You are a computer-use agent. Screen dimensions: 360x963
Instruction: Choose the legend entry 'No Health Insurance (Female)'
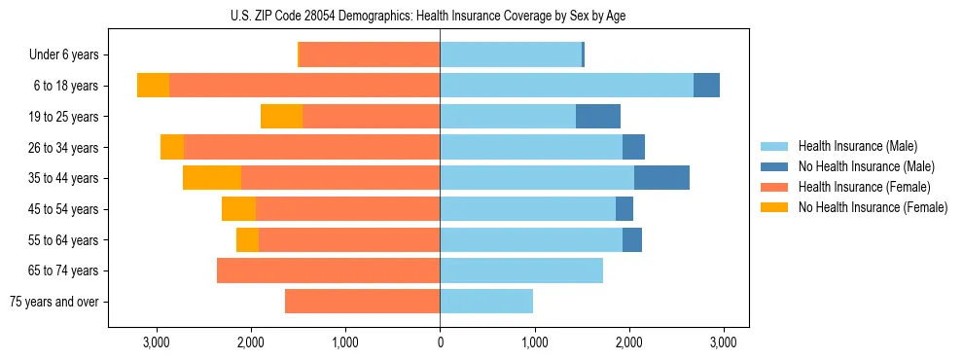[873, 207]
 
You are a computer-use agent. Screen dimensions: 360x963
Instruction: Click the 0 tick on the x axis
[440, 342]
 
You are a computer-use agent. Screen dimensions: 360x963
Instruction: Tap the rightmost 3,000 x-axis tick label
[722, 342]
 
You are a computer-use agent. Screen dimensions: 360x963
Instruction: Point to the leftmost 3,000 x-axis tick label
[157, 342]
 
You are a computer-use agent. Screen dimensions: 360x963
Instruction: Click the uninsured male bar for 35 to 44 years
[661, 178]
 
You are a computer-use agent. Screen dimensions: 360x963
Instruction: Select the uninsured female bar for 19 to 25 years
[281, 117]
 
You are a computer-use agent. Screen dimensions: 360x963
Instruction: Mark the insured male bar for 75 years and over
[486, 302]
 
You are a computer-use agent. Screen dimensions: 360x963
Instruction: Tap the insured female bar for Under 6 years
[369, 55]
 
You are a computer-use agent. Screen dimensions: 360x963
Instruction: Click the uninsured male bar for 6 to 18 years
[706, 86]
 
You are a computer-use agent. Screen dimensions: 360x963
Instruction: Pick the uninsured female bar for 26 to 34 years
[172, 147]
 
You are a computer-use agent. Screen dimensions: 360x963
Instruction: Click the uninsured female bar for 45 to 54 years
[238, 209]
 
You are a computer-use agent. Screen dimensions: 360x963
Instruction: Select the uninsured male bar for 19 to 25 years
[598, 117]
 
